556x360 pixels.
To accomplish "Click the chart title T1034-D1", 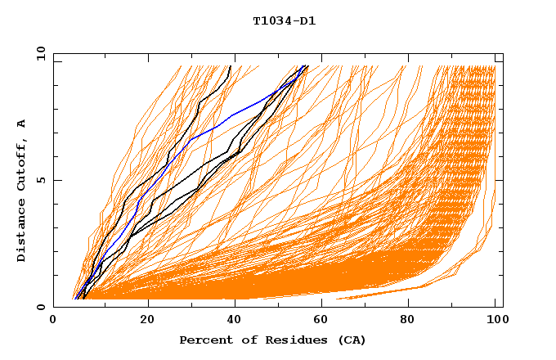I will [285, 21].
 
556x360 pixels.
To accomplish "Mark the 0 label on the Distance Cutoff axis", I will [40, 307].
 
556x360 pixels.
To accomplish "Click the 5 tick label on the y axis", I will [40, 180].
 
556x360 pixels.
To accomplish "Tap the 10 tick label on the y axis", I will [38, 53].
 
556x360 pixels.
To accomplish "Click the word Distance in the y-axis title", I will [22, 232].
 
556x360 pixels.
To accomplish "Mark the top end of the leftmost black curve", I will [231, 66].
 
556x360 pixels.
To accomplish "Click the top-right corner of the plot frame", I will [503, 54].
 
